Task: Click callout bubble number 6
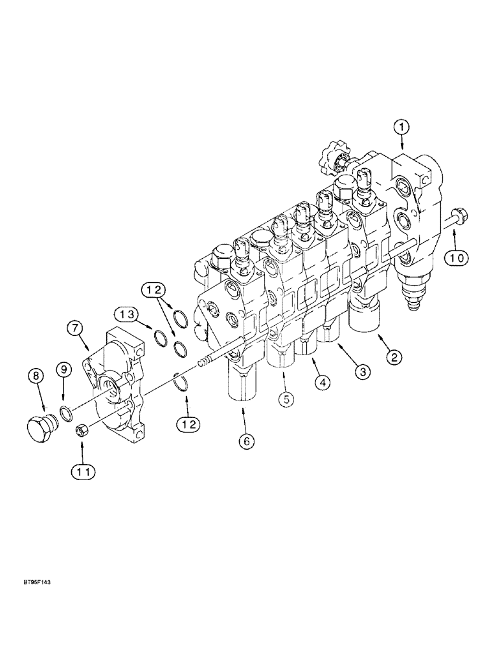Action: (x=245, y=441)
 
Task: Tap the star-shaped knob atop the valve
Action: (x=334, y=158)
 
